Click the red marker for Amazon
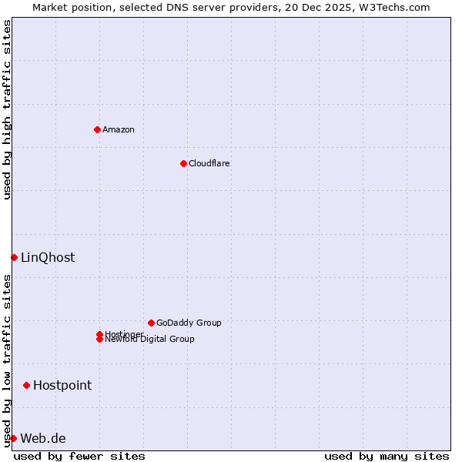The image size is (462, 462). (97, 129)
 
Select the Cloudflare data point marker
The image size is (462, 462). (183, 163)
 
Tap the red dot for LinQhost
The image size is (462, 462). (14, 257)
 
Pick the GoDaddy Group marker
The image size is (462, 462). (151, 323)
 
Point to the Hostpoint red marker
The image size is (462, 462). (26, 385)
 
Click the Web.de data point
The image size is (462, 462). (13, 438)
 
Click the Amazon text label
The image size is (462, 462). (119, 129)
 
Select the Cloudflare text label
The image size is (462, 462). (209, 163)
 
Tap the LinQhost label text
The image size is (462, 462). (48, 257)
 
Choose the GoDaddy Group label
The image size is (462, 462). (189, 323)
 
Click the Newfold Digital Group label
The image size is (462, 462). (150, 340)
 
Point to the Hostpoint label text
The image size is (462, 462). (62, 385)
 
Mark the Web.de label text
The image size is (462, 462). (43, 438)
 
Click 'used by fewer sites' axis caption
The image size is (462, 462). (79, 456)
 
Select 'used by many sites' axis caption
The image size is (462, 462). (387, 456)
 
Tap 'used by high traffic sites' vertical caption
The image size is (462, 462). (8, 109)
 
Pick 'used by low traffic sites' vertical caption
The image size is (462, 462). (8, 360)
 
